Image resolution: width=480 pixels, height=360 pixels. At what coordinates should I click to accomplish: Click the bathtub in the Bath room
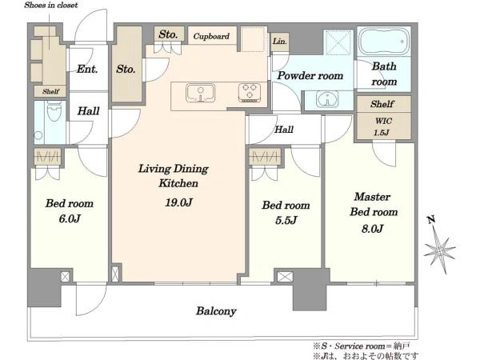(384, 42)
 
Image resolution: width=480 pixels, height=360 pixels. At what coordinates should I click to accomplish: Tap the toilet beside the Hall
(54, 111)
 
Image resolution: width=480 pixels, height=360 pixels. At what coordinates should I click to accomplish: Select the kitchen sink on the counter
(201, 93)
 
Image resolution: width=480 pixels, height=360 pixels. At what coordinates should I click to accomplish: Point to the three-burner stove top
(250, 93)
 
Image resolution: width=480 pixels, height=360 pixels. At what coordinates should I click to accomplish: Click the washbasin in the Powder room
(327, 99)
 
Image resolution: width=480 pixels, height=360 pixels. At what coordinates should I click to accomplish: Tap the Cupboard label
(211, 36)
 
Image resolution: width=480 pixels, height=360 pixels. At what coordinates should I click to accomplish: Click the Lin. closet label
(280, 41)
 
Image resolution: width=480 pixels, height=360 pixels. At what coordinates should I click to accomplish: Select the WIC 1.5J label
(382, 126)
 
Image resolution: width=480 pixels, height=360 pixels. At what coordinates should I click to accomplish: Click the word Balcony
(216, 311)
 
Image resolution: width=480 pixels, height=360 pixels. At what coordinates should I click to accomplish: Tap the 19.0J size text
(178, 202)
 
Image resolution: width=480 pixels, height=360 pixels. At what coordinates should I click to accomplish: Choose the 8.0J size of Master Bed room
(372, 229)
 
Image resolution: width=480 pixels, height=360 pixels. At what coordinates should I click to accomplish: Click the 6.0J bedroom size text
(70, 218)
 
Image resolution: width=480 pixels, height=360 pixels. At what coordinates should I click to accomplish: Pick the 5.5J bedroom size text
(286, 220)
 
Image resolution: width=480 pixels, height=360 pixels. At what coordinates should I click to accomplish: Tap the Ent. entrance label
(87, 69)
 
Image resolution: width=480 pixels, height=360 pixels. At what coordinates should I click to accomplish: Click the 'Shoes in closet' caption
(51, 5)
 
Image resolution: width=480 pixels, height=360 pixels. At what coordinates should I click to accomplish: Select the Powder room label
(310, 76)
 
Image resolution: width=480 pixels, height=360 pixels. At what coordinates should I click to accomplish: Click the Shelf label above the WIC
(382, 104)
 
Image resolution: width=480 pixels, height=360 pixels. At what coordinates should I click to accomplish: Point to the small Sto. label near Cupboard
(168, 34)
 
